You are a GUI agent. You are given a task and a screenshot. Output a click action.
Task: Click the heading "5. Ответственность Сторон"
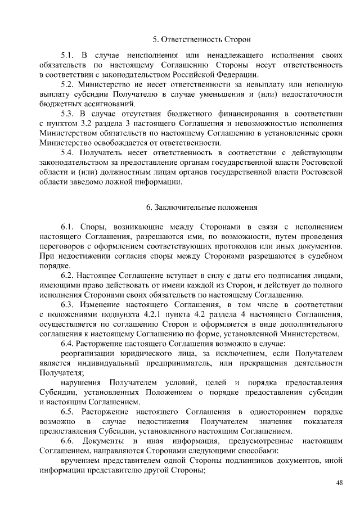202,39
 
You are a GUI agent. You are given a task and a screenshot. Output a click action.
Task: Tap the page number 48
339,483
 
